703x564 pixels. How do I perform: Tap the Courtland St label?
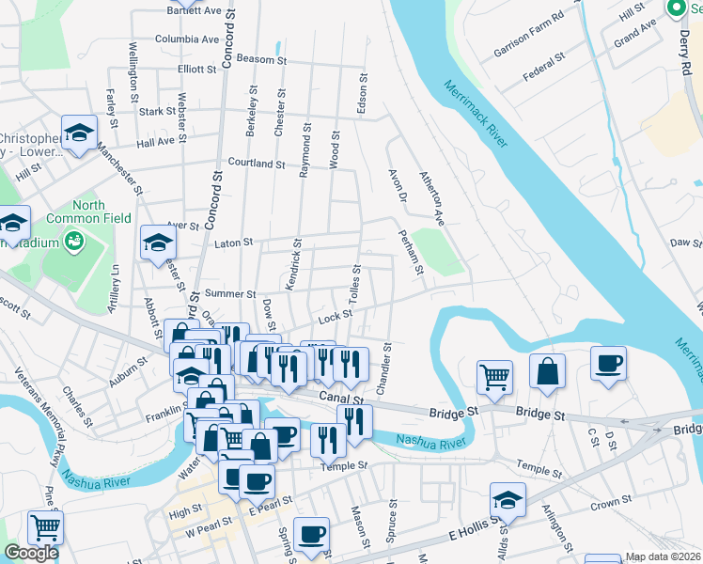click(256, 164)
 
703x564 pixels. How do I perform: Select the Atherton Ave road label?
click(432, 196)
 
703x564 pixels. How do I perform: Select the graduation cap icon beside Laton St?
click(158, 243)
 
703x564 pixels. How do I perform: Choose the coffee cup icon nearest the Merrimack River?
click(608, 364)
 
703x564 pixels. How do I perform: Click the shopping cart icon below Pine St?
click(44, 528)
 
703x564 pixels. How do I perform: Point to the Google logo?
click(31, 553)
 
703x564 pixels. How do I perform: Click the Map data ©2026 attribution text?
click(664, 557)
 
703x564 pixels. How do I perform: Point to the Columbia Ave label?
click(186, 39)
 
